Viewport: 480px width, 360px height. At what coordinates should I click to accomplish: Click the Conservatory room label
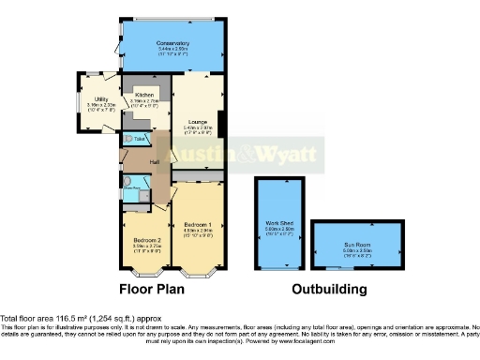[173, 43]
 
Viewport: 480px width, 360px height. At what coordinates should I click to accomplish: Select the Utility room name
[100, 99]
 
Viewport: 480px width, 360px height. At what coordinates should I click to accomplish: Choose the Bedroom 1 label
[197, 225]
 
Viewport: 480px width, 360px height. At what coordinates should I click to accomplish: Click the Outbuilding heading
[328, 289]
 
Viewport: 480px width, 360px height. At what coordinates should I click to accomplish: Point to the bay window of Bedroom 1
[197, 274]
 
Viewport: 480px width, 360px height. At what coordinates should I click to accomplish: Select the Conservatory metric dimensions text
[173, 49]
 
